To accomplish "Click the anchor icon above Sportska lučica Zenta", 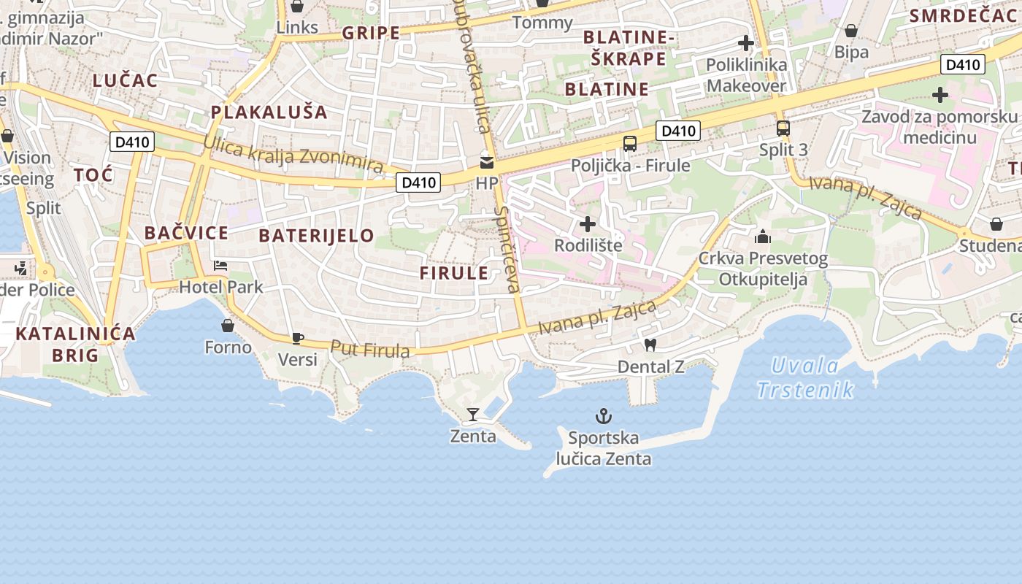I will click(603, 417).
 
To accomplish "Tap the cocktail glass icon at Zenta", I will click(473, 415).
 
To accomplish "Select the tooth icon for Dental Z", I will click(650, 345).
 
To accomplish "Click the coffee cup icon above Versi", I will click(297, 338).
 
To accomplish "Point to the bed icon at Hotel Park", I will click(220, 266).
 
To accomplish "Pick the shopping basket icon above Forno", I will click(228, 326).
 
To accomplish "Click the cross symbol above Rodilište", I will click(588, 224).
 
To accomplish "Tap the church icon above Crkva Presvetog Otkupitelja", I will click(763, 237).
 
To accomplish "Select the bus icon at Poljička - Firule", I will click(630, 144).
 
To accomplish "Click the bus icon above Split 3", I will click(783, 128).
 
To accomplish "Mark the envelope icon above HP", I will click(486, 162).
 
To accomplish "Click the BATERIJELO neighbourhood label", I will click(316, 236).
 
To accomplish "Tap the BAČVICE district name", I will click(186, 234).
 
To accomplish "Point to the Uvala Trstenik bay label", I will click(805, 377).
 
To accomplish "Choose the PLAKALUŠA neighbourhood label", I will click(269, 112).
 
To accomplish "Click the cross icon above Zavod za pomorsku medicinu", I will click(940, 95).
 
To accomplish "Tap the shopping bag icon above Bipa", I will click(851, 31).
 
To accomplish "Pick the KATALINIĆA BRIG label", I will click(75, 345).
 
